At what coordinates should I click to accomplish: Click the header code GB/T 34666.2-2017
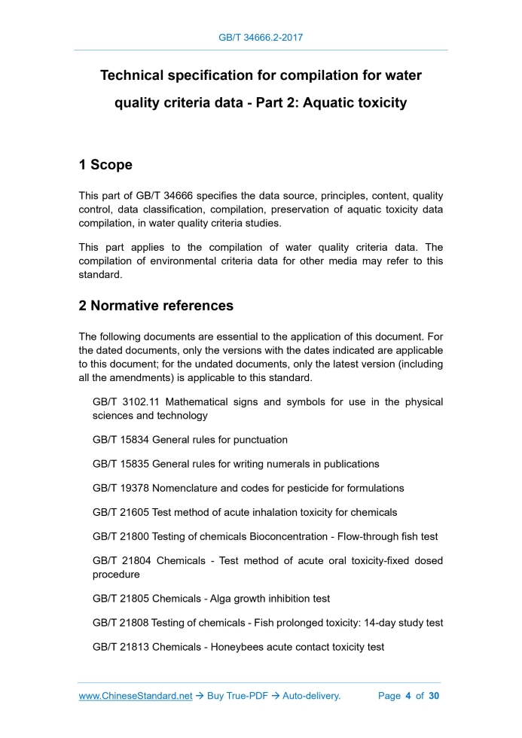(261, 36)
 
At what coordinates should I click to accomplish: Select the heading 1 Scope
(105, 165)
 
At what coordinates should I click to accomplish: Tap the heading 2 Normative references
(156, 306)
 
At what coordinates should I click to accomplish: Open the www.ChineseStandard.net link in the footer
(136, 696)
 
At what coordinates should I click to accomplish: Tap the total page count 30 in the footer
(434, 696)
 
